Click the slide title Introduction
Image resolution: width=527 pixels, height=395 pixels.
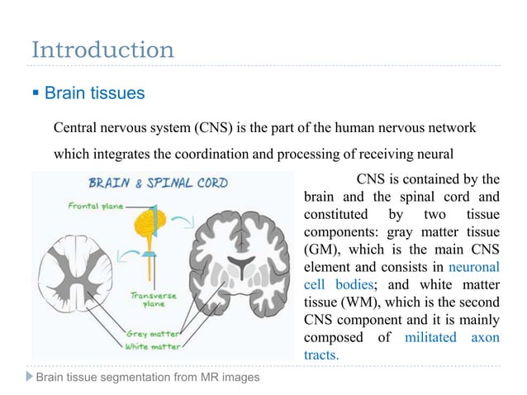(x=102, y=50)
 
